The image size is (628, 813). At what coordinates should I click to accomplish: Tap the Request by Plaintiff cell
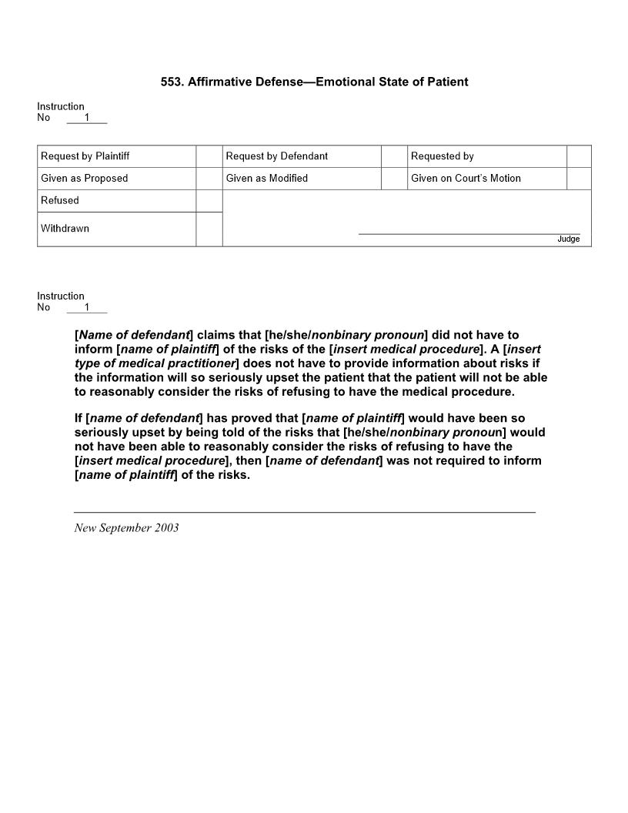(x=85, y=156)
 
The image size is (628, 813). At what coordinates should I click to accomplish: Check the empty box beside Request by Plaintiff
(x=209, y=156)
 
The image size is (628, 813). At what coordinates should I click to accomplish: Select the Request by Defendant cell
(x=277, y=156)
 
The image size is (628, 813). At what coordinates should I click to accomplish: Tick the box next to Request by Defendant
(x=394, y=156)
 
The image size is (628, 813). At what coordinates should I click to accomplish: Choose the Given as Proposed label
(x=85, y=179)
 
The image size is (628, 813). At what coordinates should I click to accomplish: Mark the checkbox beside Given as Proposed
(x=209, y=179)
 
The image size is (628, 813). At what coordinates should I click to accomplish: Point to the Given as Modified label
(x=267, y=179)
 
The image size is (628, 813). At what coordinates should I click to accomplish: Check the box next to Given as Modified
(x=394, y=179)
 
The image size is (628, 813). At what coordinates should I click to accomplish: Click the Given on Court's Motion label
(x=466, y=179)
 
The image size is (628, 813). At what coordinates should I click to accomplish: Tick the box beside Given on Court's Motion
(x=579, y=179)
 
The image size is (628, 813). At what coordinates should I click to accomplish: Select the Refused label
(x=60, y=201)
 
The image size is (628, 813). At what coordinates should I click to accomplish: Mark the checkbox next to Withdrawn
(x=209, y=229)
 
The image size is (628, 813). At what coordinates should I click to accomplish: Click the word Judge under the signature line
(x=569, y=239)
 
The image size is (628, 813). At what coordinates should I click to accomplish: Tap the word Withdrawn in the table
(x=65, y=229)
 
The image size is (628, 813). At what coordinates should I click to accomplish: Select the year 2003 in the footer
(x=165, y=528)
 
